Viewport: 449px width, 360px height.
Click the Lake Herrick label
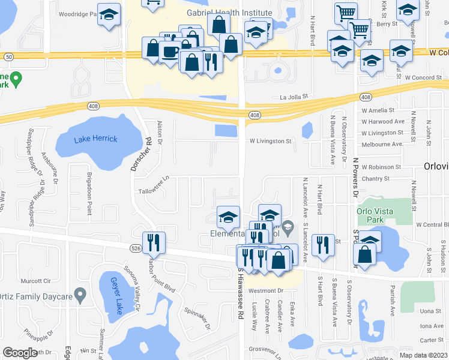coord(96,139)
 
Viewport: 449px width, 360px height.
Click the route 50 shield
coord(8,56)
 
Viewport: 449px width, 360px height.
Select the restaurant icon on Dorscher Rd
coord(153,242)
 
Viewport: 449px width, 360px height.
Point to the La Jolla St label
coord(294,96)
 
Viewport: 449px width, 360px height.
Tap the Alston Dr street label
coord(160,131)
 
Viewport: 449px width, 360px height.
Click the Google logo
coord(20,353)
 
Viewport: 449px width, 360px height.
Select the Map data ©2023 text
coord(423,355)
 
